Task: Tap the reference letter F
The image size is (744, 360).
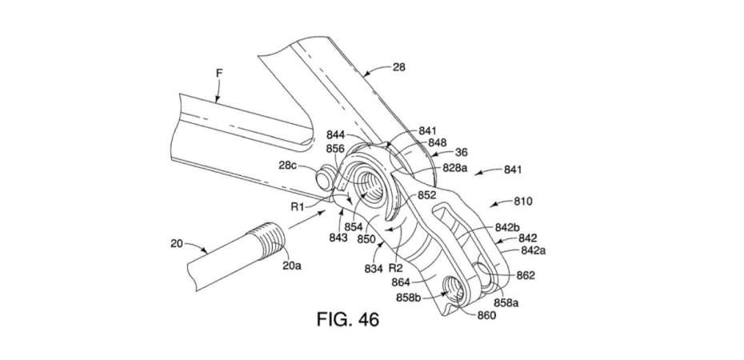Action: click(x=219, y=73)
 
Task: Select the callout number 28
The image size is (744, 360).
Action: click(x=399, y=67)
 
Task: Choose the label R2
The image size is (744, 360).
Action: click(x=395, y=269)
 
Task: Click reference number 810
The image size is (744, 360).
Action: click(x=523, y=202)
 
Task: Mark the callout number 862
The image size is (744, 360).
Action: click(x=526, y=275)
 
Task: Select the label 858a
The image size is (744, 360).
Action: click(x=506, y=302)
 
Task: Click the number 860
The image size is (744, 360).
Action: click(x=487, y=314)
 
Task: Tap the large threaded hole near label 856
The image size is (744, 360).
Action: click(x=370, y=185)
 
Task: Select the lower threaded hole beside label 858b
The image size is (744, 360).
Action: click(x=452, y=290)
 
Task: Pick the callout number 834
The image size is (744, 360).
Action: click(x=374, y=269)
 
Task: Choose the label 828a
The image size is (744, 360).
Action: click(x=455, y=167)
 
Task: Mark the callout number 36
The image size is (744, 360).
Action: click(x=461, y=153)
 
